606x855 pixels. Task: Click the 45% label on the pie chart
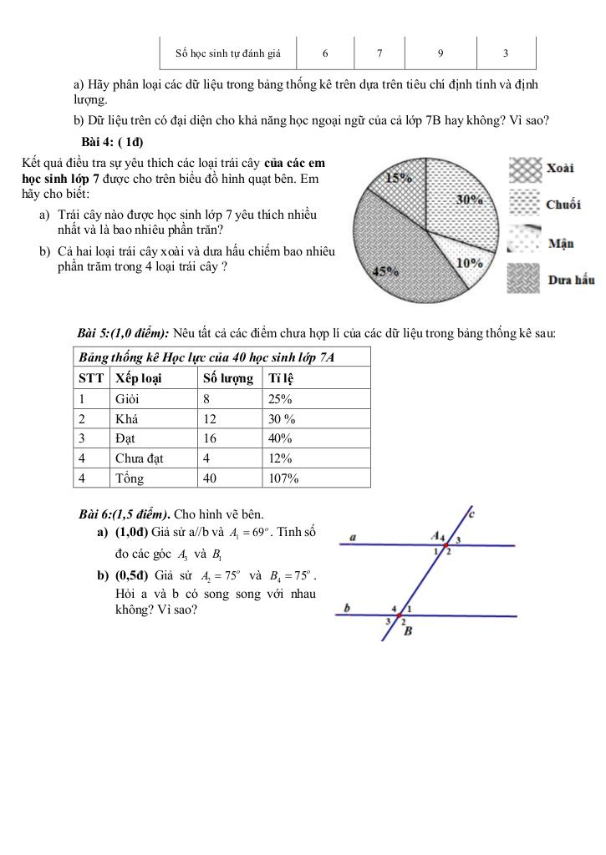tap(361, 271)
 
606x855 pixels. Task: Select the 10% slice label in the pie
tap(471, 262)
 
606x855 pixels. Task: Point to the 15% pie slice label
tap(399, 177)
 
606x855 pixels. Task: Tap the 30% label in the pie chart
tap(471, 200)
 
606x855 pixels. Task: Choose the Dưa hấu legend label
tap(571, 280)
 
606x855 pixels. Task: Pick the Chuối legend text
tap(563, 205)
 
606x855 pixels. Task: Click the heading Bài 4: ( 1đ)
tap(111, 141)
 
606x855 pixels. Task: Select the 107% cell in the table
tap(283, 478)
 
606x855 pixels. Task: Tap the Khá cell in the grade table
tap(126, 418)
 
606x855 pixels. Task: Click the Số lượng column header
tap(228, 378)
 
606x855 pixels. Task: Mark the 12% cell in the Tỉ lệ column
tap(280, 458)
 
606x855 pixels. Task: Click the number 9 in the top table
tap(440, 53)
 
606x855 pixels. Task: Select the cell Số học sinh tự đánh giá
tap(228, 53)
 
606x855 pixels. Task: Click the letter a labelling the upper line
tap(352, 538)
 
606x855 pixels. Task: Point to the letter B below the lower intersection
tap(408, 631)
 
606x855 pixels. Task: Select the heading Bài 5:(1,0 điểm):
tap(123, 334)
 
